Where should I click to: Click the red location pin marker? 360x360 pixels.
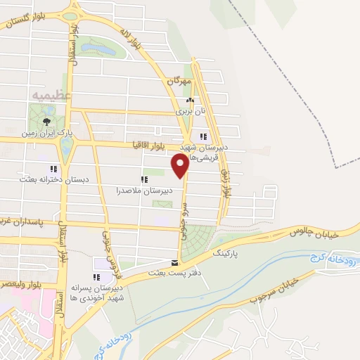pyautogui.click(x=180, y=165)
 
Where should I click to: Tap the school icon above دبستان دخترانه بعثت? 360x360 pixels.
pyautogui.click(x=53, y=169)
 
